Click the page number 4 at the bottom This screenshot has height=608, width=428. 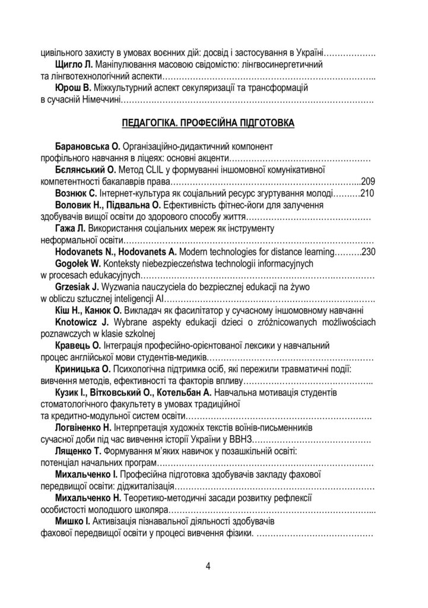pos(208,564)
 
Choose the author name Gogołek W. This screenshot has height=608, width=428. pos(80,263)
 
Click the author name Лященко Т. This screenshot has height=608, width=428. pos(83,451)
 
